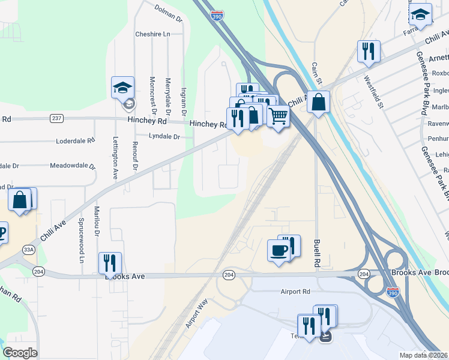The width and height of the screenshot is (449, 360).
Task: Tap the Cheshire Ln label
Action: [152, 34]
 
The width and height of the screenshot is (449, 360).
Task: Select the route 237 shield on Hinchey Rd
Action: [57, 118]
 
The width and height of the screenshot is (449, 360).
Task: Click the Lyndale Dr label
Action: [164, 137]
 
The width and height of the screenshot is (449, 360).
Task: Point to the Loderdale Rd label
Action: [76, 141]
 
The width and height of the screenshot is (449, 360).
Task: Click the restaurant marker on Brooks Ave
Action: [110, 263]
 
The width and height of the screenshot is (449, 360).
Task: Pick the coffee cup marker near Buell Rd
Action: [279, 250]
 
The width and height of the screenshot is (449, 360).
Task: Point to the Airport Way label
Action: [196, 313]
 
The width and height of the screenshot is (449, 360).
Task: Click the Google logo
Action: [20, 353]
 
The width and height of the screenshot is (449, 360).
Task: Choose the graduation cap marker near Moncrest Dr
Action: [122, 88]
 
